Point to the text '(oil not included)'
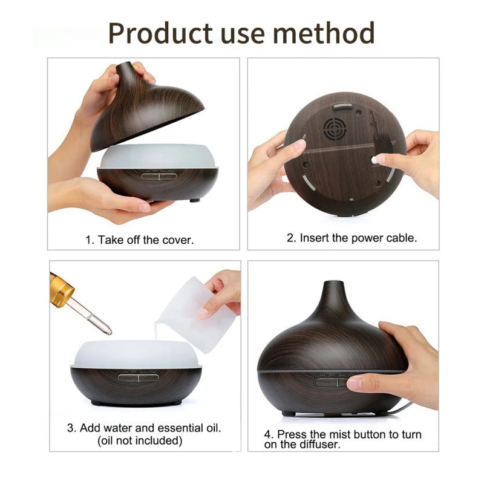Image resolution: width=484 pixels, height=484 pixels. pos(140,440)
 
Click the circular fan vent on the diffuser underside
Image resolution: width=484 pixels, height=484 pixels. pos(333,128)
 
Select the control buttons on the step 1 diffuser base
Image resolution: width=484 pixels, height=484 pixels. pos(158,177)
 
